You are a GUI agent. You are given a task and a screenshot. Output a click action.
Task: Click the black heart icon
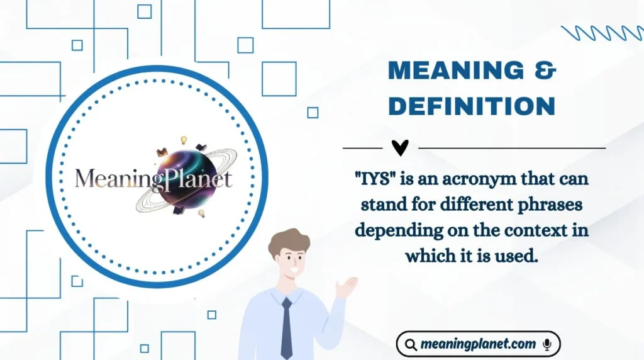[400, 147]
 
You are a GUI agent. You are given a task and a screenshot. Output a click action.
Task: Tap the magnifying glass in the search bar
[411, 345]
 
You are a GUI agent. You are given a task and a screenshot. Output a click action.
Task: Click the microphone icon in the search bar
[547, 344]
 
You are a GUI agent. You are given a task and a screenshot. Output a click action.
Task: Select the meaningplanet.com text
[479, 344]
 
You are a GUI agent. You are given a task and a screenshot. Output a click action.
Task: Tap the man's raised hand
[347, 287]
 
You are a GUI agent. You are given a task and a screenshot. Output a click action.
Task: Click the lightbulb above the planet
[184, 140]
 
